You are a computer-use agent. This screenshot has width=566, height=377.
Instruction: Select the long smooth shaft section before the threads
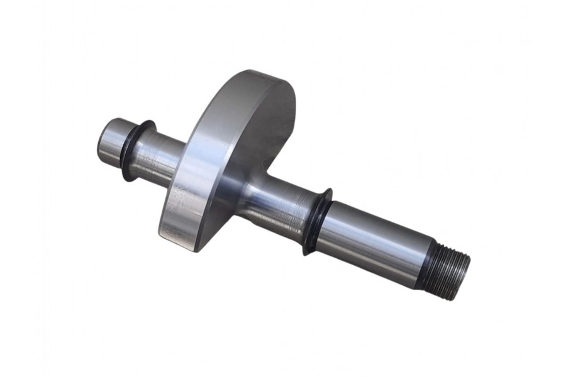[371, 242]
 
